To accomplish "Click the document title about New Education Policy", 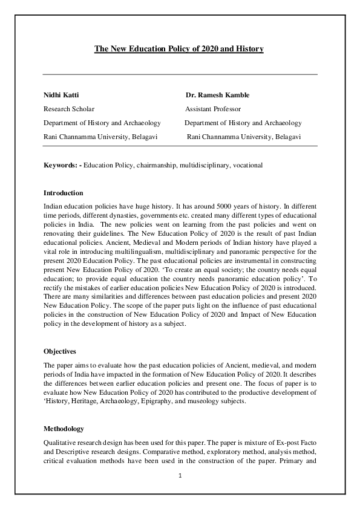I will (x=178, y=48).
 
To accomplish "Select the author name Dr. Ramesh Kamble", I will (x=218, y=95).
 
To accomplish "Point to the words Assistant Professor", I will (x=213, y=109).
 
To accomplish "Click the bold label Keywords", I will (x=61, y=165).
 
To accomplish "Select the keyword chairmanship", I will (x=157, y=165).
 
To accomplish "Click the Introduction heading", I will (x=64, y=193).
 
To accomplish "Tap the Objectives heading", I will (x=61, y=351).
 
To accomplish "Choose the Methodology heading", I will (x=64, y=429).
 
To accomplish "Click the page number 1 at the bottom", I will (x=180, y=476).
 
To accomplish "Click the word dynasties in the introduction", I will (x=122, y=216).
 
